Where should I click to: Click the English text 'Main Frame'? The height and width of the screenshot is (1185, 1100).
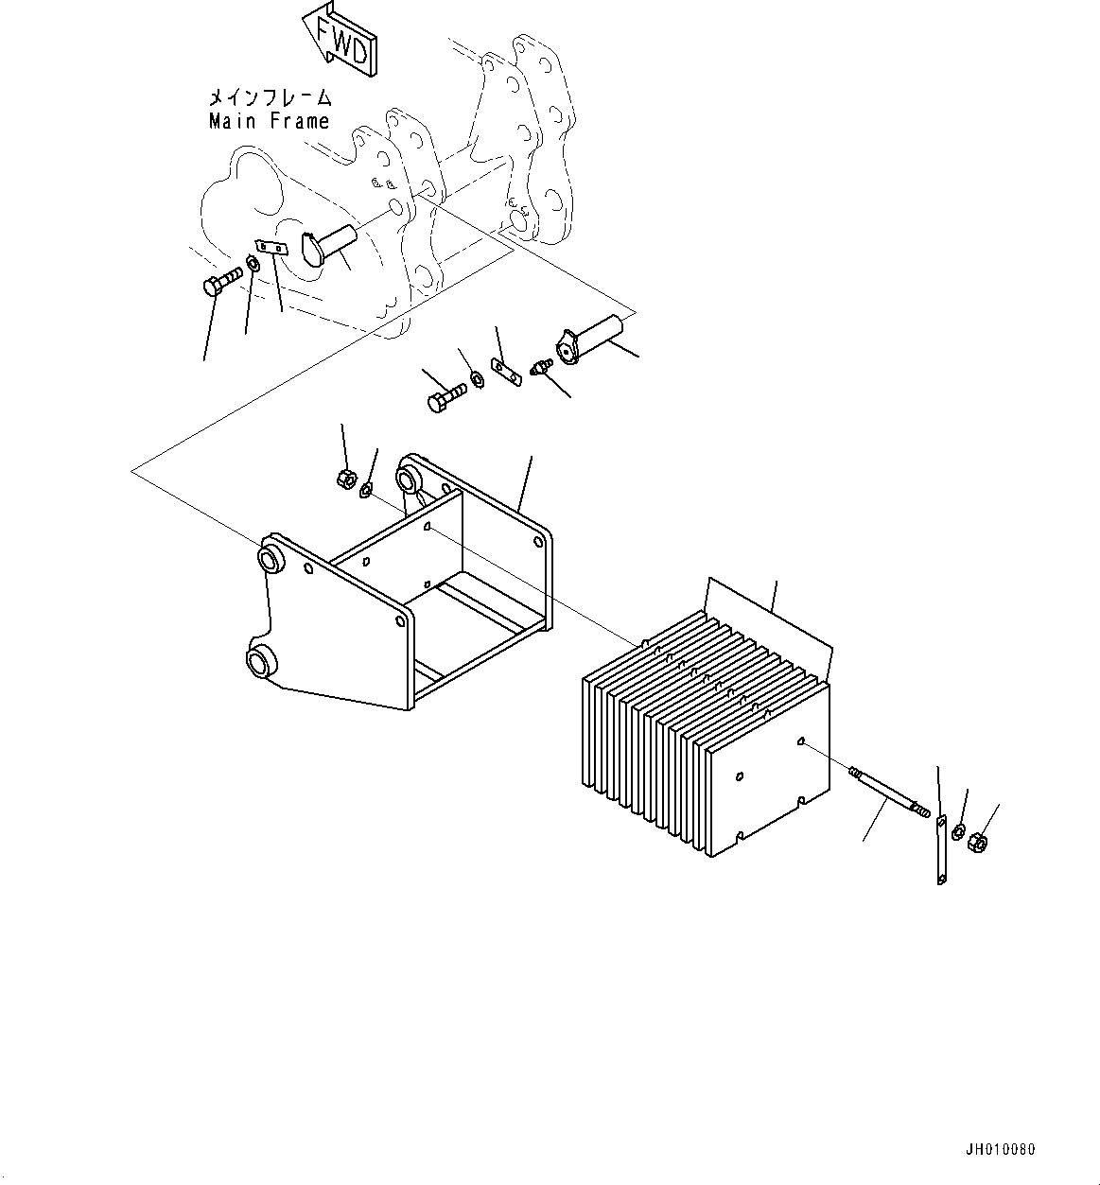pos(270,121)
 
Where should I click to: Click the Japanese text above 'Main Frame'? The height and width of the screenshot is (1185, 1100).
pos(270,97)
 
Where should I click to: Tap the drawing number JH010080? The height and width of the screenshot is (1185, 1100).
pos(1000,1150)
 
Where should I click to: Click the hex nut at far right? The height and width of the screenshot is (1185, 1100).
pos(979,839)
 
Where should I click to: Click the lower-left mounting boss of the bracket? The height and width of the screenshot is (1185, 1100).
pos(259,660)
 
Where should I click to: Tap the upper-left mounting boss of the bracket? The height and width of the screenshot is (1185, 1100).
pos(272,556)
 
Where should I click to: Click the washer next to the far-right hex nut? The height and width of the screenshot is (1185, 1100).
pos(957,832)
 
